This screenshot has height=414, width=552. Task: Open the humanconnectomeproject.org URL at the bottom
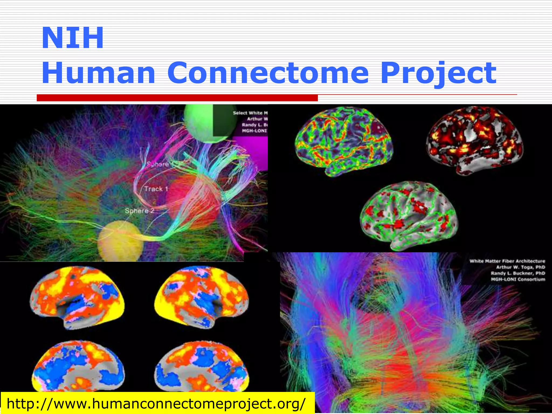tap(156, 403)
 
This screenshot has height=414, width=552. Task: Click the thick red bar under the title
tap(177, 98)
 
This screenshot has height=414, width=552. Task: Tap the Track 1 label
tap(156, 189)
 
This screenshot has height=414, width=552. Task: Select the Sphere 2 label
tap(140, 211)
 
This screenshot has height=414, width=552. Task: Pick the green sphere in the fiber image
tap(205, 123)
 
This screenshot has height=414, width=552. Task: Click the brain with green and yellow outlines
tap(344, 140)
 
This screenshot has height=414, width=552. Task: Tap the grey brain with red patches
tap(408, 214)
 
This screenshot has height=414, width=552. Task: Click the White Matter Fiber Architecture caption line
tap(507, 261)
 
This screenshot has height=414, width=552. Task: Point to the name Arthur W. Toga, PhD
tap(520, 267)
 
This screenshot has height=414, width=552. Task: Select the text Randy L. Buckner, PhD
tap(518, 273)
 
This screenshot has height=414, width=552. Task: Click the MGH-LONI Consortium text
tap(518, 279)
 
